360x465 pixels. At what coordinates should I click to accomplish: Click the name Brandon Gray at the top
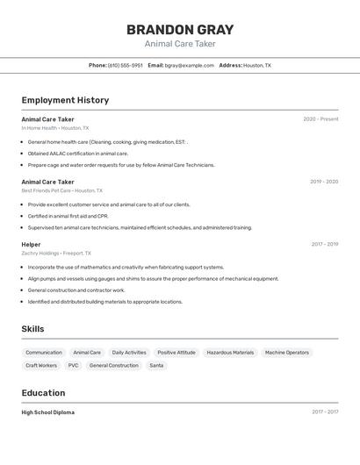tap(179, 30)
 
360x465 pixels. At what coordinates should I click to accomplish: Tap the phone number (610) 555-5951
tap(125, 65)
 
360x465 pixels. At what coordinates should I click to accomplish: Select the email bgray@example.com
tap(189, 65)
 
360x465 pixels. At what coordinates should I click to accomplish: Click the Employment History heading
tap(65, 100)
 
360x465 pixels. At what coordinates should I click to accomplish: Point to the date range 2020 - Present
tap(320, 119)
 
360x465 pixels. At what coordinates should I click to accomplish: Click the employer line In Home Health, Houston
tap(54, 128)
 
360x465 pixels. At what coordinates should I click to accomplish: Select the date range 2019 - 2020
tap(324, 182)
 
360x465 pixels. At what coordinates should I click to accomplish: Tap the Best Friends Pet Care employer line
tap(61, 190)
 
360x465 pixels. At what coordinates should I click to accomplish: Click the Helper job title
tap(31, 245)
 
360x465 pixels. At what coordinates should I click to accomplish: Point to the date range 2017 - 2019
tap(324, 245)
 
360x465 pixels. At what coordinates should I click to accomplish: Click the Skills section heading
tap(32, 329)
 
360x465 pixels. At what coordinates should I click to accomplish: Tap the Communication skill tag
tap(44, 353)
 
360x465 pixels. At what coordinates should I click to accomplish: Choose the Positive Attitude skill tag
tap(176, 353)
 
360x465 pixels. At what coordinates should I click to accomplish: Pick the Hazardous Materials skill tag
tap(230, 353)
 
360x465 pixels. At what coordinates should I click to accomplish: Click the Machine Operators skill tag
tap(287, 353)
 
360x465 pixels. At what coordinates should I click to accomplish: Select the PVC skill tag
tap(73, 365)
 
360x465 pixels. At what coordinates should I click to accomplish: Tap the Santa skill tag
tap(156, 365)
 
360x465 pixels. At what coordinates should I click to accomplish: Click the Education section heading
tap(43, 393)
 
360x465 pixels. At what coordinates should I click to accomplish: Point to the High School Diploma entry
tap(47, 412)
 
